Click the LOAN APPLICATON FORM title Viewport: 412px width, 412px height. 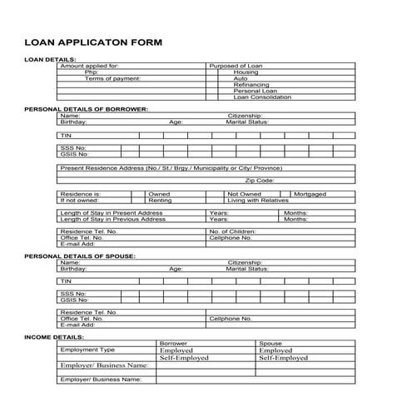pos(93,41)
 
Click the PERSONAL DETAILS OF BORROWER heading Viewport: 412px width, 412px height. pos(86,109)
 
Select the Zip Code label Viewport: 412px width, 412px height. pos(259,180)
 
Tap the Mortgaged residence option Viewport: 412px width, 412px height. pos(310,194)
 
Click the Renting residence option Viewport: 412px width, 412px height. pos(160,201)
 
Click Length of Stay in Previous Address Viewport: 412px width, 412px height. pos(112,219)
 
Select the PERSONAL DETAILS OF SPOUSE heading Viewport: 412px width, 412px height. pos(80,256)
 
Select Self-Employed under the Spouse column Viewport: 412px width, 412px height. pos(283,358)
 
